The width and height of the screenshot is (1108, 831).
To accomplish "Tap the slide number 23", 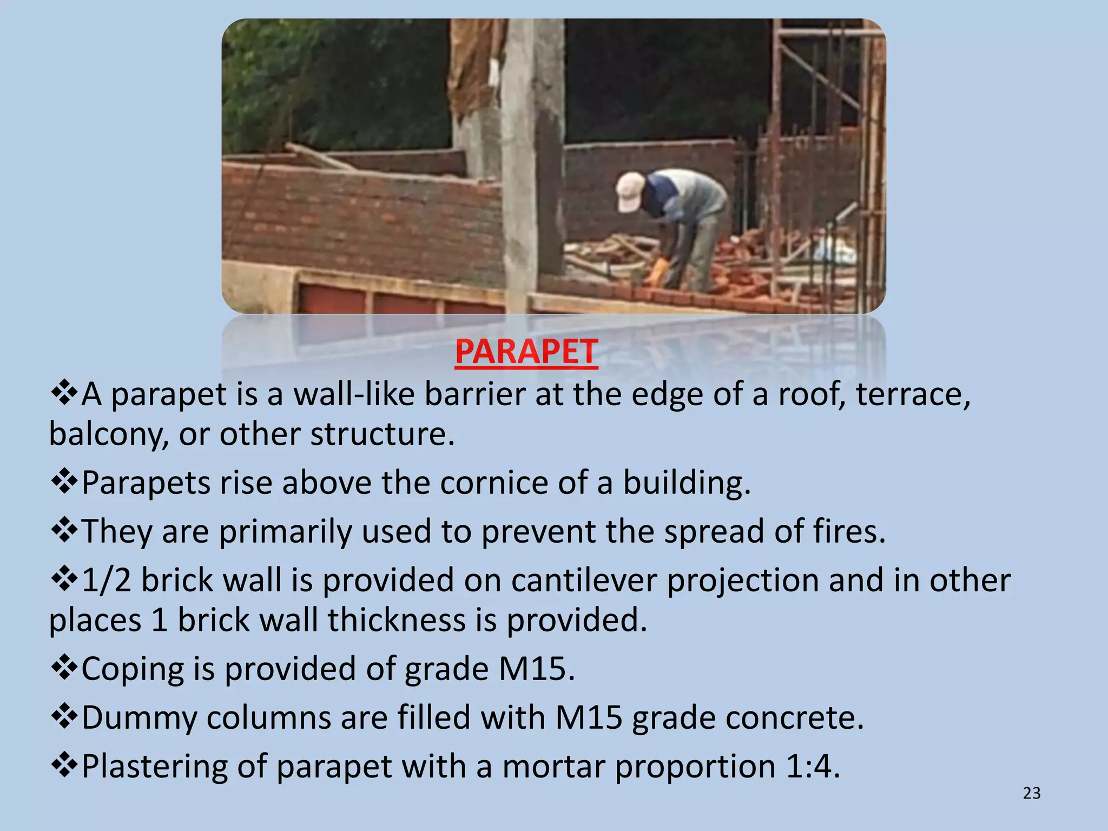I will pyautogui.click(x=1032, y=793).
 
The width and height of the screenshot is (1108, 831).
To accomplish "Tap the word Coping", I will pyautogui.click(x=133, y=669).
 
